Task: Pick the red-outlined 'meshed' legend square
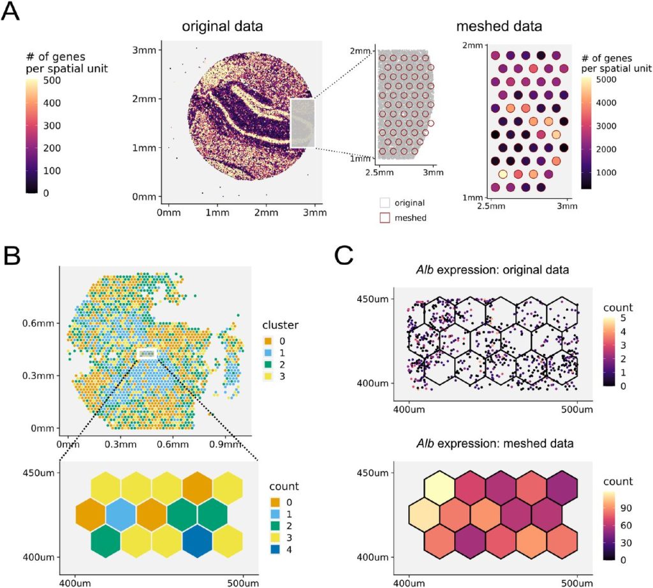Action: click(385, 217)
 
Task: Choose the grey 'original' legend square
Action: click(385, 203)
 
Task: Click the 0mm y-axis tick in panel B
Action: click(43, 429)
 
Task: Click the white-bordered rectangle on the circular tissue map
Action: click(303, 123)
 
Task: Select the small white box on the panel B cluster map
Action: click(147, 353)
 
